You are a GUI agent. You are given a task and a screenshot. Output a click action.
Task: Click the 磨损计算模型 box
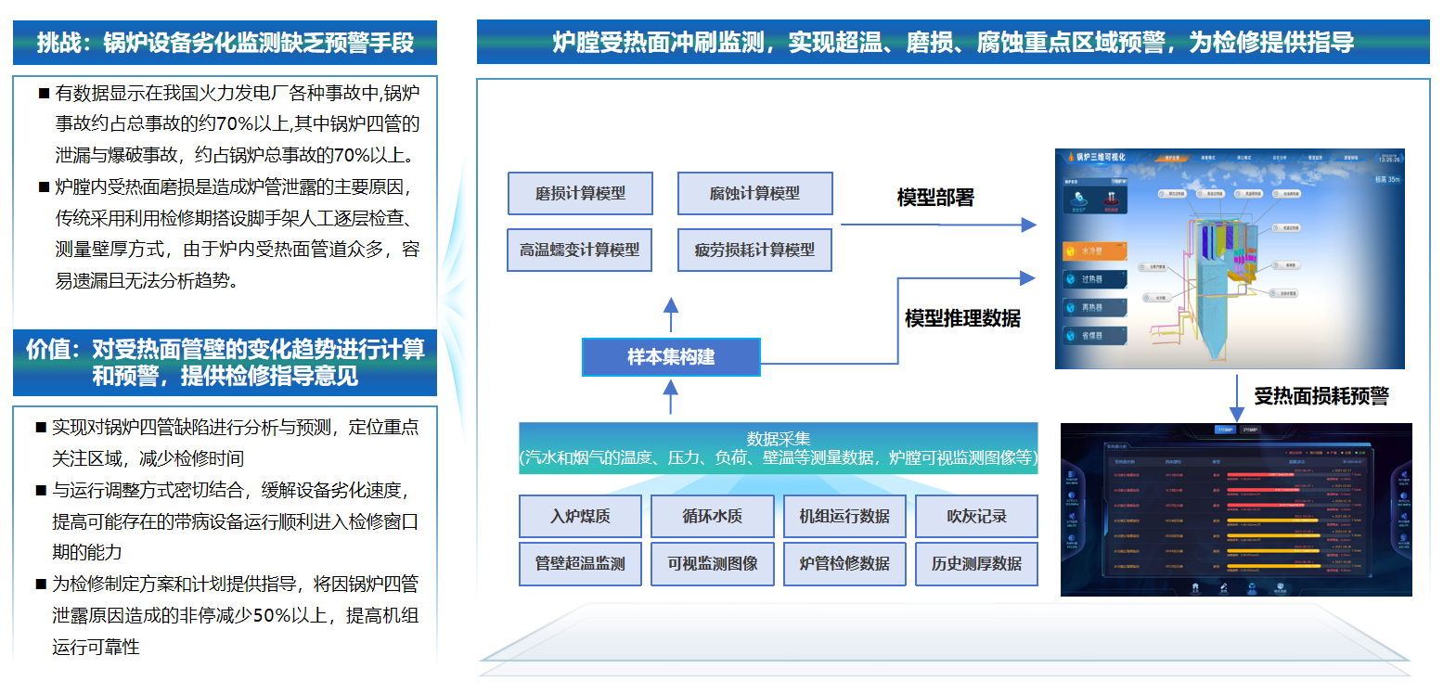point(580,194)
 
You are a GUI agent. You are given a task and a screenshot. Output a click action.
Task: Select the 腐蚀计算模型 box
point(754,194)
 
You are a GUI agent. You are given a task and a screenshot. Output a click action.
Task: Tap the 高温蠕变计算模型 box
point(579,250)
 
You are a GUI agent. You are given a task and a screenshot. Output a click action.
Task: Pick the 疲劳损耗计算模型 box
point(754,250)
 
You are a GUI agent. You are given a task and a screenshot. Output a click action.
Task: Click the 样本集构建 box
point(671,357)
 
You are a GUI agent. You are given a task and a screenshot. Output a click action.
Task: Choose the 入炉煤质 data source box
point(580,516)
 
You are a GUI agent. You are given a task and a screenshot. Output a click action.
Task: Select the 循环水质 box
point(712,516)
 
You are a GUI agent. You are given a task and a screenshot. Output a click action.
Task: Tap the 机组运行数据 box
point(844,516)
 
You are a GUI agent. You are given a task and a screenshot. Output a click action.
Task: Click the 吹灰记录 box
point(976,516)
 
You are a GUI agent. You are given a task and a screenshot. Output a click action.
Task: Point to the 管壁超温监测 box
point(580,564)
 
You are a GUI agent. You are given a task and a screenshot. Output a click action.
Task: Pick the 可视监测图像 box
point(712,564)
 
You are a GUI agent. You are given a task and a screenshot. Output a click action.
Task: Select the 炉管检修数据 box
point(844,564)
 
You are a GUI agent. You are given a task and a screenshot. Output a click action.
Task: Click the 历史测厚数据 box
point(976,564)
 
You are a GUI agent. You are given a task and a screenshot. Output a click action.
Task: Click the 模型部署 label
point(935,198)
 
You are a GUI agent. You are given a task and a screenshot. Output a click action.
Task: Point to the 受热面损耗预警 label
point(1321,396)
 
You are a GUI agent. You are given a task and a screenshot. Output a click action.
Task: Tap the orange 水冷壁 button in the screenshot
point(1095,251)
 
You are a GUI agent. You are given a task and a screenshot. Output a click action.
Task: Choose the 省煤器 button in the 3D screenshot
point(1095,336)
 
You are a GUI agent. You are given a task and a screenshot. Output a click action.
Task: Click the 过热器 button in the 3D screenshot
point(1095,279)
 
